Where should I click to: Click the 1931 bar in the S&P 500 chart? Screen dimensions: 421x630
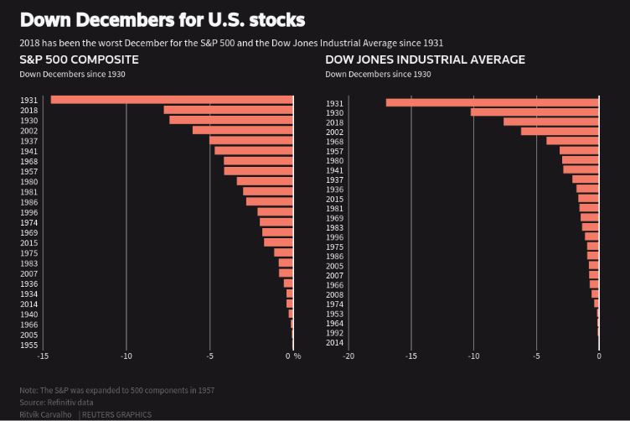point(172,100)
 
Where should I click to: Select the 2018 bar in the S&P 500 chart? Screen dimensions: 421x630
point(228,110)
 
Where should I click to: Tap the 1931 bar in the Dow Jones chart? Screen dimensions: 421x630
point(493,102)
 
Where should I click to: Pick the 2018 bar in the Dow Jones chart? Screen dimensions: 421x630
point(551,122)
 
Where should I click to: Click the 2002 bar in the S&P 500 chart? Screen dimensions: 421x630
point(243,130)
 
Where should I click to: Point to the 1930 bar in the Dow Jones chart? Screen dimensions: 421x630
point(534,112)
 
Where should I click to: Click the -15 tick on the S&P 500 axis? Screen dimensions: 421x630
point(43,356)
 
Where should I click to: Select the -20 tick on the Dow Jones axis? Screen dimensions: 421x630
point(349,356)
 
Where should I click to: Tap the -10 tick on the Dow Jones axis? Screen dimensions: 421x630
point(473,356)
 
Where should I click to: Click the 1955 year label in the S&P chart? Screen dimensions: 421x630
point(28,345)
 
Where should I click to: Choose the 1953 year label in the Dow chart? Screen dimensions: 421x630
point(334,314)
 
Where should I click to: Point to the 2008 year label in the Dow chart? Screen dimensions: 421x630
point(334,294)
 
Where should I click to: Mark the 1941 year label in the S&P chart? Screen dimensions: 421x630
point(28,151)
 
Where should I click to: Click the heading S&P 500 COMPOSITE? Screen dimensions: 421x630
point(80,60)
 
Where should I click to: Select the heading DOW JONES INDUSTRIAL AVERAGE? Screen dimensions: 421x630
point(426,60)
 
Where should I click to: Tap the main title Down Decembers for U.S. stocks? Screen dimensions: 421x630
point(163,19)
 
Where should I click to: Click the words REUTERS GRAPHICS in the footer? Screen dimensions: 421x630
point(116,414)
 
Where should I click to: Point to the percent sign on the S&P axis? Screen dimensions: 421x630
point(297,356)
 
